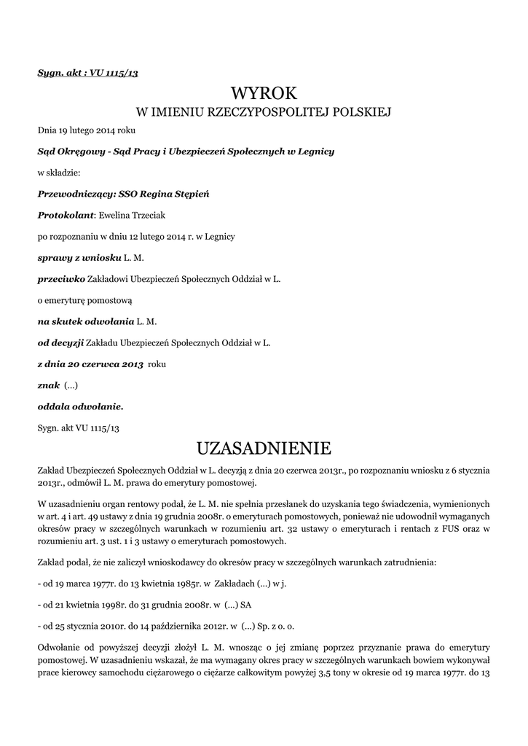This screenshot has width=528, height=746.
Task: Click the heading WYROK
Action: tap(264, 93)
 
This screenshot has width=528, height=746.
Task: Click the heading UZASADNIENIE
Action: tap(264, 447)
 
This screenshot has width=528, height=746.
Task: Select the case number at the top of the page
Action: tap(87, 73)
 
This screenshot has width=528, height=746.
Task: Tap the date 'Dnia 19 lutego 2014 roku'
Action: tap(87, 130)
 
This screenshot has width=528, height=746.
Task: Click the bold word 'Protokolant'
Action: tap(66, 215)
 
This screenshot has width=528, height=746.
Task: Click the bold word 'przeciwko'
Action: tap(61, 278)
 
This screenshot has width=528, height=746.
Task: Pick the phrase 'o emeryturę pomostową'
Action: tap(85, 299)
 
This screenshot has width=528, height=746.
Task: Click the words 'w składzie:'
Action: tap(59, 173)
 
